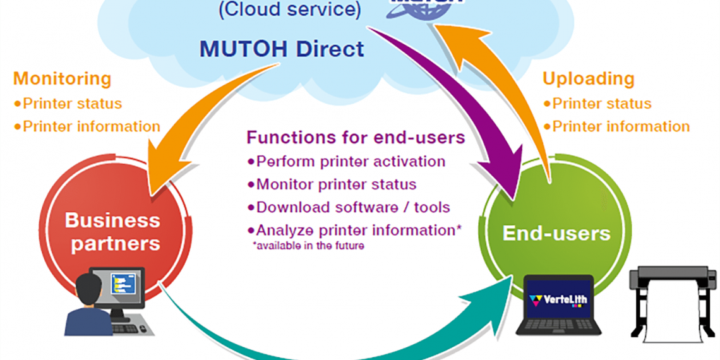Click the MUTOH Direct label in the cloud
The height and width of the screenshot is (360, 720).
pos(282,49)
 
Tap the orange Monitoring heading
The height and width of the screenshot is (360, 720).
pos(62,79)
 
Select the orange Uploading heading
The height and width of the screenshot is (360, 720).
pos(588,79)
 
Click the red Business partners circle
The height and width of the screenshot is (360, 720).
pos(112,231)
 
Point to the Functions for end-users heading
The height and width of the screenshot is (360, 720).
pos(356,138)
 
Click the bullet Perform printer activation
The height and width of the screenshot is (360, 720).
pos(351,161)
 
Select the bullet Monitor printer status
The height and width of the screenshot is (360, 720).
pos(336,184)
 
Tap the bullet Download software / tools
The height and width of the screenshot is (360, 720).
pos(352,207)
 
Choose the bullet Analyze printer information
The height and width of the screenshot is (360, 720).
pos(355,231)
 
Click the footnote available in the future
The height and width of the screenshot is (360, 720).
pos(308,246)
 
